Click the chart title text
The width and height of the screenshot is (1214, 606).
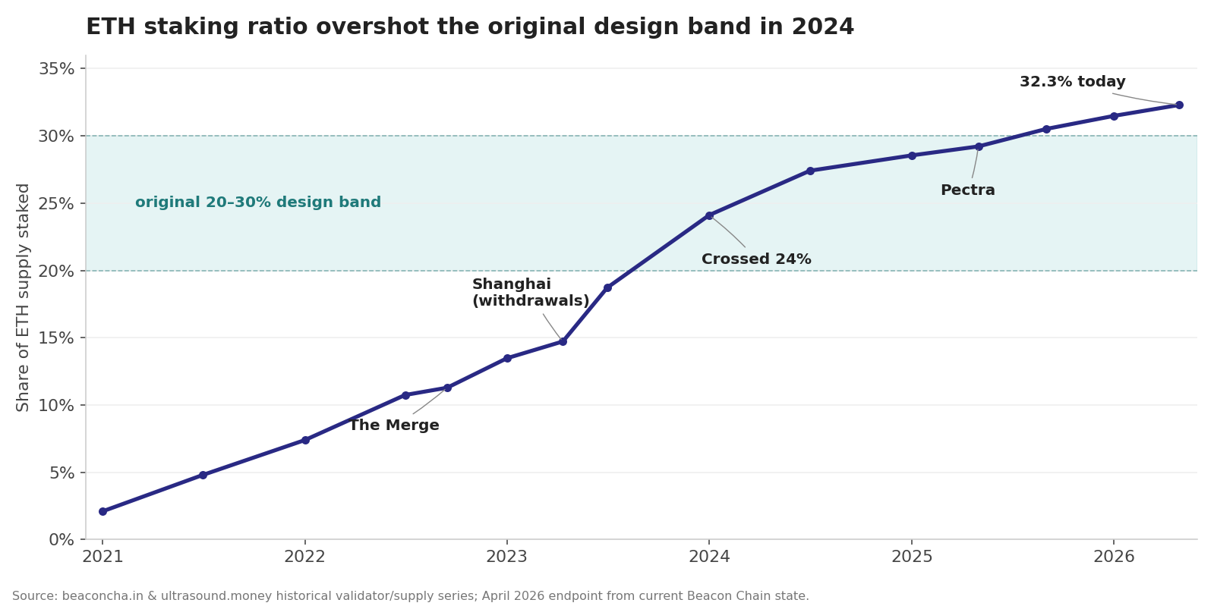[469, 27]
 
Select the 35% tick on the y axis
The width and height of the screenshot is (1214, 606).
[57, 69]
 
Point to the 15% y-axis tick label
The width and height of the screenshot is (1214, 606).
[57, 338]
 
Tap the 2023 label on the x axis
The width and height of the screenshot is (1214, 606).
[506, 557]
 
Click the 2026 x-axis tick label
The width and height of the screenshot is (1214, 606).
[1113, 557]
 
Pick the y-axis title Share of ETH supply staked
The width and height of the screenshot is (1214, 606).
[24, 297]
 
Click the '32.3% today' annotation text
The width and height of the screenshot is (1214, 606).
[1072, 82]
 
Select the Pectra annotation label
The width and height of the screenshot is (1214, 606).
[967, 191]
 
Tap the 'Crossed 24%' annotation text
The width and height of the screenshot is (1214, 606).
[756, 259]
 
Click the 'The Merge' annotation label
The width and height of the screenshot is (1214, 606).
[393, 425]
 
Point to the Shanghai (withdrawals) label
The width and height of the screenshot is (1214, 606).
[530, 293]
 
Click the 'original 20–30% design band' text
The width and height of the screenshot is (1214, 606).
[258, 203]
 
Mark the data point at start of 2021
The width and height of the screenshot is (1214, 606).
[102, 511]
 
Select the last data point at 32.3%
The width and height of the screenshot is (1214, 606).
[1178, 105]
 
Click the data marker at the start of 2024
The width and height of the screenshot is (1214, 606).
[709, 215]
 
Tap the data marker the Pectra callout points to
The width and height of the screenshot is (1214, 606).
[979, 146]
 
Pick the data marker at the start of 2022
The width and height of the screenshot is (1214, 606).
[305, 440]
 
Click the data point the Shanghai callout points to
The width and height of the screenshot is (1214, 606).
[563, 341]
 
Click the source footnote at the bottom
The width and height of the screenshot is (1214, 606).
[410, 596]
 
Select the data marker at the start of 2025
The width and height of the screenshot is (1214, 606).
[912, 155]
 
